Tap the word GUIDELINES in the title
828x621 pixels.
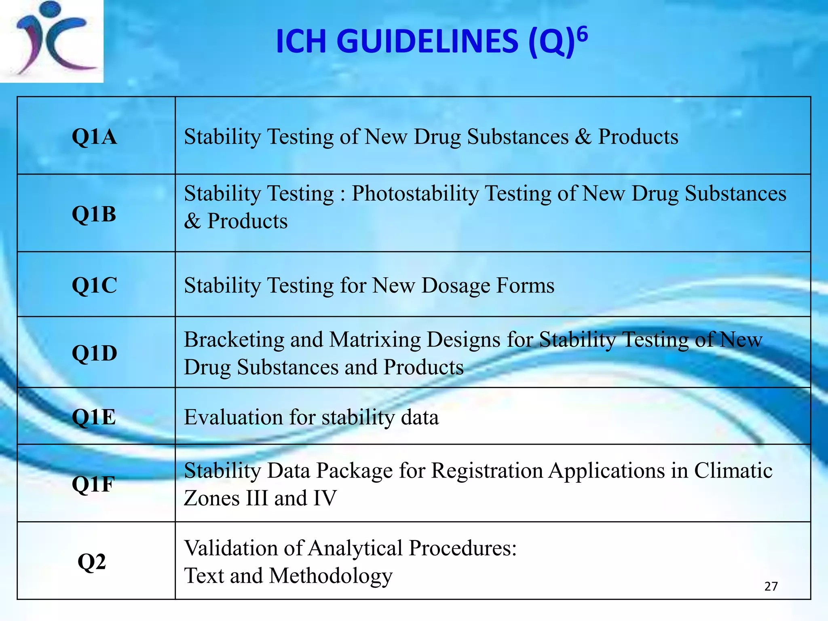click(x=427, y=42)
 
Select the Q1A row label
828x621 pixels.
click(x=94, y=137)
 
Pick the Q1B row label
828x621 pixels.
click(x=94, y=214)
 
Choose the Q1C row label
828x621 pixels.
click(x=94, y=285)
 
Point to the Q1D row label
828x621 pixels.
click(x=94, y=353)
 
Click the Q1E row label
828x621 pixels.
click(x=94, y=417)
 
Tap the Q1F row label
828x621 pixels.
click(x=93, y=484)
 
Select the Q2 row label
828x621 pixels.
click(x=92, y=562)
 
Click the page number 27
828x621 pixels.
click(x=771, y=586)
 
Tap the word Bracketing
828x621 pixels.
click(x=234, y=340)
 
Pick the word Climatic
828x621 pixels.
click(x=733, y=471)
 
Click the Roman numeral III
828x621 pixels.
click(x=256, y=498)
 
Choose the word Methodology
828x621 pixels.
click(x=331, y=577)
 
